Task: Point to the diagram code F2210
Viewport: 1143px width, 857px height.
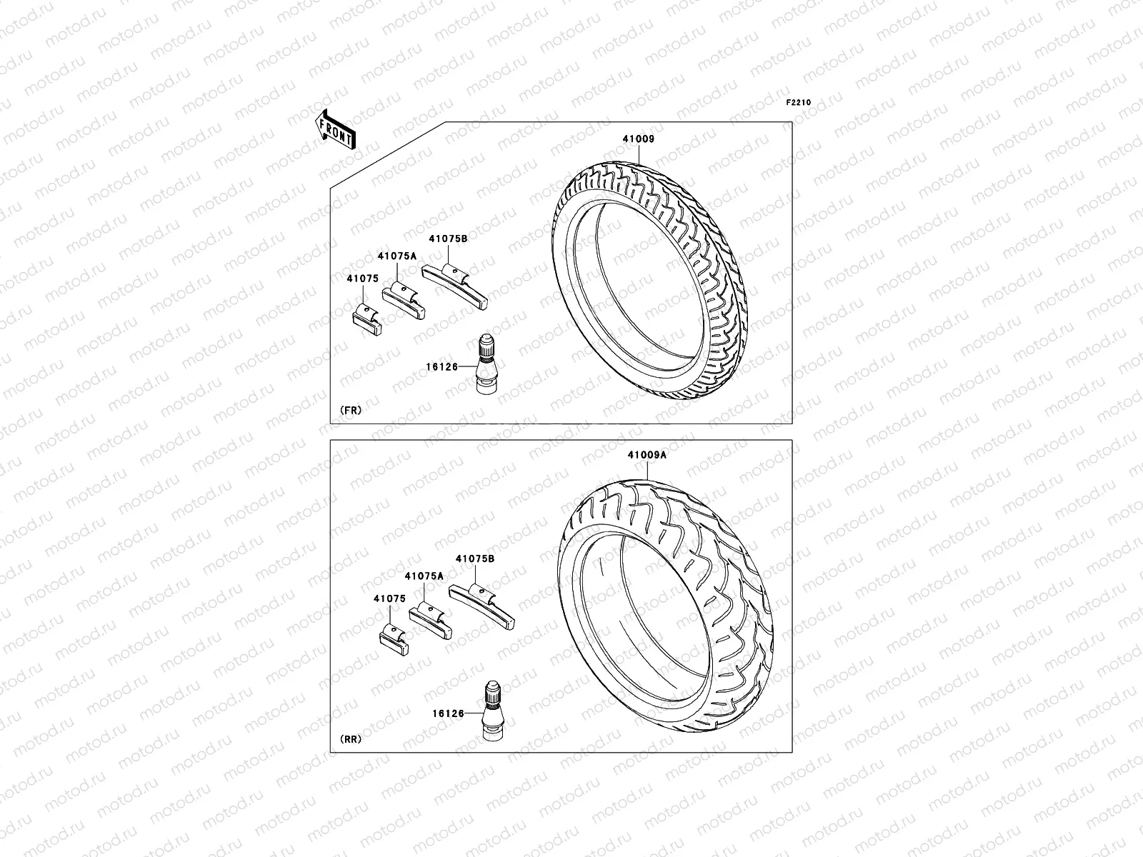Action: click(x=799, y=103)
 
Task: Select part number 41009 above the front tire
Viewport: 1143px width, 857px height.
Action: click(x=638, y=139)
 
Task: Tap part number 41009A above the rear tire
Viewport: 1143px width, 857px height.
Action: click(x=647, y=455)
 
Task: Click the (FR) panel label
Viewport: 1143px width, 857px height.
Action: click(x=350, y=411)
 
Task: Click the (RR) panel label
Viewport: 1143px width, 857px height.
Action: click(x=350, y=738)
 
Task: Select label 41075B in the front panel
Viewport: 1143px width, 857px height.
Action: click(x=448, y=239)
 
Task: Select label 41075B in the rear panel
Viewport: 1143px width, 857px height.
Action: click(x=475, y=559)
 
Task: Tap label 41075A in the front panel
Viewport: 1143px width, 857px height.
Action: click(x=397, y=256)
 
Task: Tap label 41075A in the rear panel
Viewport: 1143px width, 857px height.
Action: click(x=424, y=576)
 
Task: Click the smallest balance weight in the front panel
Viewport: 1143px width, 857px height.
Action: click(x=369, y=319)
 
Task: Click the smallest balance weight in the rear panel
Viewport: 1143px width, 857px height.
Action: click(x=394, y=639)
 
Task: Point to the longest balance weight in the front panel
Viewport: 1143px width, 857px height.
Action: click(x=454, y=285)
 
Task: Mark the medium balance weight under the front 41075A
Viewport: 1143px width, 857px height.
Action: click(x=403, y=301)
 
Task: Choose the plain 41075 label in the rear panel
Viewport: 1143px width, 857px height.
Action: click(x=389, y=598)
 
